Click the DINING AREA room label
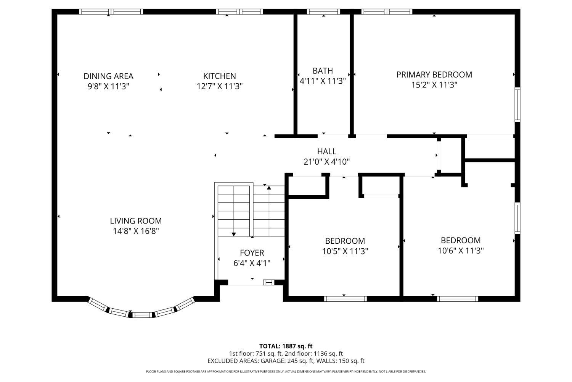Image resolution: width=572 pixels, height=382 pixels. point(108,76)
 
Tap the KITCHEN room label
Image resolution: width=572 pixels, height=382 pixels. point(219,76)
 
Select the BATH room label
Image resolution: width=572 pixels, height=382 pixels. point(323,71)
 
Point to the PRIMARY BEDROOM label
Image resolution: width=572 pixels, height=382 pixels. point(434,74)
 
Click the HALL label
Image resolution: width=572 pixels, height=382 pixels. point(326,152)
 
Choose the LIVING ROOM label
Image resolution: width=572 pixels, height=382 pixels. point(136,221)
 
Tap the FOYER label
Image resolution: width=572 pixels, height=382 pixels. point(252,253)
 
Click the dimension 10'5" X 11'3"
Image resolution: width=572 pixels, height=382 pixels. point(345,251)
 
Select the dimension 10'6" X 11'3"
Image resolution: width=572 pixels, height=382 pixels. point(461,251)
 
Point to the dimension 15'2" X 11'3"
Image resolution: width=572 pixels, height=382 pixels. point(434,85)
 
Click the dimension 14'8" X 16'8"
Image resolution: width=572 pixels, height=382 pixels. point(136,231)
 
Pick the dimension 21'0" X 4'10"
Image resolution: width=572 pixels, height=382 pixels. point(326,162)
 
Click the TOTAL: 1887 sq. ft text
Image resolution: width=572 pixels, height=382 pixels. point(286,346)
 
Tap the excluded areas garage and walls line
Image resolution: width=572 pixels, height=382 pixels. point(286,361)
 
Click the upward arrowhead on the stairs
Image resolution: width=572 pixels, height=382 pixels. point(269,188)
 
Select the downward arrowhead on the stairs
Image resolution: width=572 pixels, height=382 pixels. point(234,234)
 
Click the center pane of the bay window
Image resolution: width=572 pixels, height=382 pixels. point(142,315)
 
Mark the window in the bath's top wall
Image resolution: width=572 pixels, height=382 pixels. point(323,11)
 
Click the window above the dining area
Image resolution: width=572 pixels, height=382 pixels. point(111,11)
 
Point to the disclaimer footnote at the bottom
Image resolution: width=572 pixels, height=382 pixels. point(286,371)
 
